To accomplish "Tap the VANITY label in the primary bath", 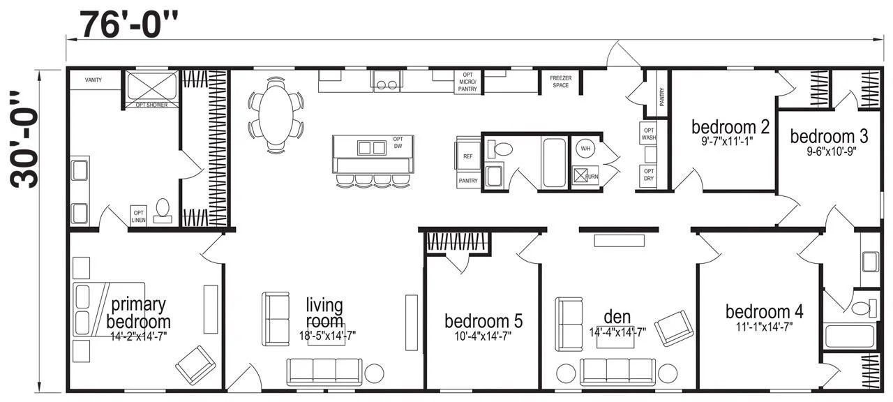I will click(x=93, y=80).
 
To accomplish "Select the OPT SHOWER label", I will click(x=151, y=105).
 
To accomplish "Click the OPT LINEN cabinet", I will click(x=139, y=216).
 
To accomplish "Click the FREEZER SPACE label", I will click(x=560, y=82).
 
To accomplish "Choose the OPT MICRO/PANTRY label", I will click(x=467, y=81).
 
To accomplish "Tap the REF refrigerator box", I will click(x=467, y=156).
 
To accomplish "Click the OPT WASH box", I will click(x=648, y=134).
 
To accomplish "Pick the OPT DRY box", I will click(x=648, y=175).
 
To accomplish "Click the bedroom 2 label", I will click(x=730, y=127).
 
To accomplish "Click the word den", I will click(x=617, y=317).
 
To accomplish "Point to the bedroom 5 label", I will click(x=483, y=321).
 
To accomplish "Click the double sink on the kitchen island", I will click(x=371, y=147).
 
